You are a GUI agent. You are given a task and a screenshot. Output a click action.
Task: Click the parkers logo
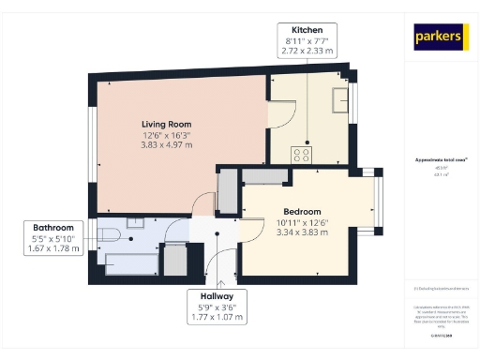[x=441, y=37]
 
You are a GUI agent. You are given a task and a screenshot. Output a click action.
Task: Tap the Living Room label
[x=166, y=124]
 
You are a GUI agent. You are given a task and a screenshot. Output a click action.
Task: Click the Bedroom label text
[x=302, y=211]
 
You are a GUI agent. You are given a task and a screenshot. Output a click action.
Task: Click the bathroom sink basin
[x=136, y=224]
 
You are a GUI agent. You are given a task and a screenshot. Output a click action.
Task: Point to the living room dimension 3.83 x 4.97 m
[x=166, y=145]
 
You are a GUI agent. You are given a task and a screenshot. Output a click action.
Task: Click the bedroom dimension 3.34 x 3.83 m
[x=302, y=232]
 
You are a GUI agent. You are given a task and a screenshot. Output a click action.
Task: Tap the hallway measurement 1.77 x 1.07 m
[x=218, y=317]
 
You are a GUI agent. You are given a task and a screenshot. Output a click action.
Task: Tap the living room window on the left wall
[x=93, y=141]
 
